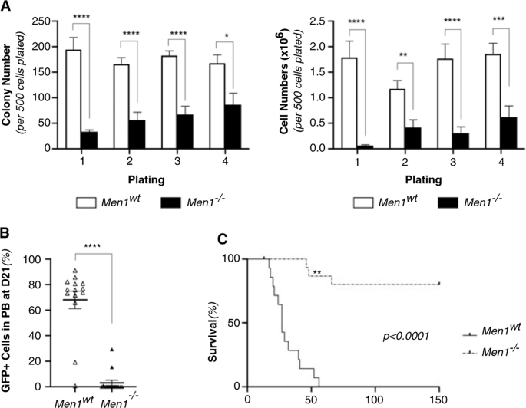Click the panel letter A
click(6, 7)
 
